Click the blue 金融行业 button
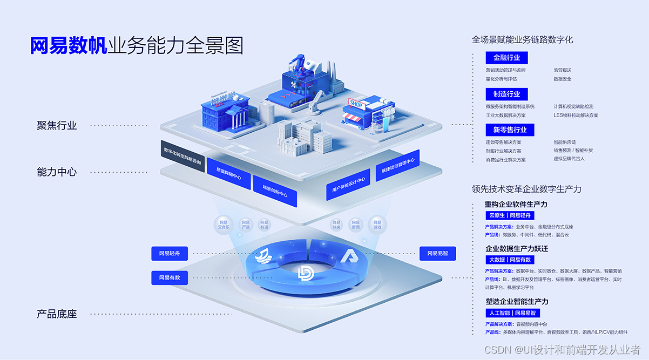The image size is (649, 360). pyautogui.click(x=506, y=58)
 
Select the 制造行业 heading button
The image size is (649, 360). pyautogui.click(x=506, y=94)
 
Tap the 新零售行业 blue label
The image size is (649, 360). pyautogui.click(x=510, y=130)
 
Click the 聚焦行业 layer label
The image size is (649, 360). pyautogui.click(x=57, y=125)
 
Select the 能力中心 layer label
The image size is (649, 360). pyautogui.click(x=57, y=172)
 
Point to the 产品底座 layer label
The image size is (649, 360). pyautogui.click(x=57, y=314)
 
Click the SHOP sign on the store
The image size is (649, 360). pyautogui.click(x=357, y=103)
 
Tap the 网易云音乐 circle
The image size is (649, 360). pyautogui.click(x=224, y=225)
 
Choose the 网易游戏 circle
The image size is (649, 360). pyautogui.click(x=377, y=225)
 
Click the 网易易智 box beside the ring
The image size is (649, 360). pyautogui.click(x=437, y=253)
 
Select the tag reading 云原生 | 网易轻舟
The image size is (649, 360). pyautogui.click(x=510, y=215)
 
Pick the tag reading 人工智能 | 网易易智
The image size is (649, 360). pyautogui.click(x=513, y=313)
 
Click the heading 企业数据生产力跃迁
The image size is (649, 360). pyautogui.click(x=517, y=249)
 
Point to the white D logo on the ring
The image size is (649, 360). pyautogui.click(x=306, y=273)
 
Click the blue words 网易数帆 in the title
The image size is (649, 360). pyautogui.click(x=69, y=46)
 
